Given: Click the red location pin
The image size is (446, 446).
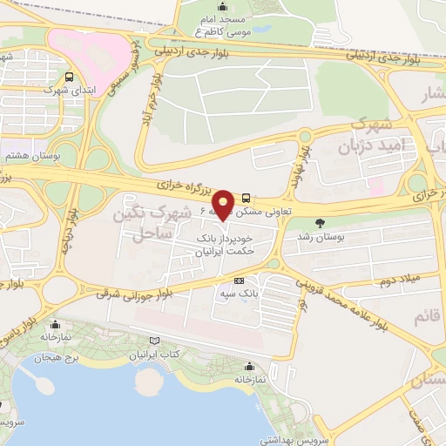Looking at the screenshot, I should click(x=223, y=204).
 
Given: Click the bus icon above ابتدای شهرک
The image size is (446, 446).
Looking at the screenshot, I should click(x=69, y=77).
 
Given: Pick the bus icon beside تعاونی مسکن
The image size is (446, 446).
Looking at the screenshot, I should click(x=247, y=197).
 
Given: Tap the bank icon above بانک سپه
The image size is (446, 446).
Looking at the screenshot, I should click(x=239, y=280).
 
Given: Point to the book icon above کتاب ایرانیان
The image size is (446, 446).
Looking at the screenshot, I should click(x=155, y=341).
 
